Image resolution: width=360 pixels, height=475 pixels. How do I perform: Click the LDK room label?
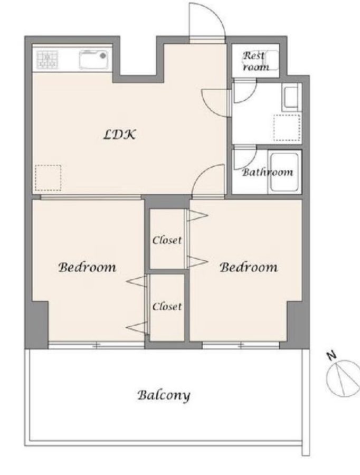coord(119,135)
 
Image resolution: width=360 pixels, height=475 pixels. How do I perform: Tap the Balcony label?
coord(164,395)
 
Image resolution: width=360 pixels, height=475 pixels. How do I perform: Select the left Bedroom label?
coord(87,267)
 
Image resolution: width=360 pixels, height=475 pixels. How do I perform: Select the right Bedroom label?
coord(249,267)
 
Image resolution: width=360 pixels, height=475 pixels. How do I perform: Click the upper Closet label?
coord(167,240)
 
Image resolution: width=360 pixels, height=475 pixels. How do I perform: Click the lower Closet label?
coord(167,306)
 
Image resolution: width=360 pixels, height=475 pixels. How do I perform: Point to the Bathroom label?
coord(268,172)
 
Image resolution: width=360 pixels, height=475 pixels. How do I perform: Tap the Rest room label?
coord(256,61)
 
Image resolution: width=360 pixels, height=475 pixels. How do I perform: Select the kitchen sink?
coord(93,60)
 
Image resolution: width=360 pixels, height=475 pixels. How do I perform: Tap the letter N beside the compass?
coord(333,355)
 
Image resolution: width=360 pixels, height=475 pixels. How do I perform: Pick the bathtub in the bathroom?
coord(285,173)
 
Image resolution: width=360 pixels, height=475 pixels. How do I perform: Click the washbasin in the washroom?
coord(291,98)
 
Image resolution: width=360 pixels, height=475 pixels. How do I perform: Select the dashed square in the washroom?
coord(287,128)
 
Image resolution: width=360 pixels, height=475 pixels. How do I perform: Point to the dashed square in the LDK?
coord(48,178)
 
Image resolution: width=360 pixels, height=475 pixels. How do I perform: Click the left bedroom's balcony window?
coord(97,345)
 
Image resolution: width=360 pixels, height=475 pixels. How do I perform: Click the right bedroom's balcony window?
coord(241,345)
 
